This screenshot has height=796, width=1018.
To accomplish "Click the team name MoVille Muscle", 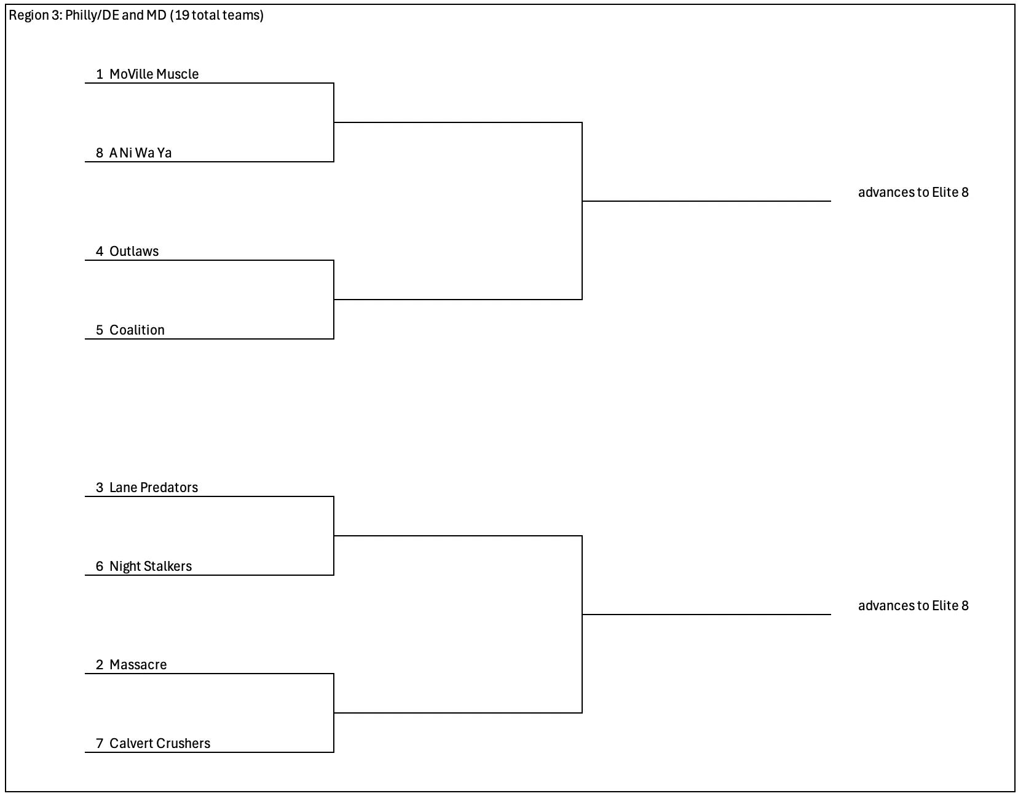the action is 154,74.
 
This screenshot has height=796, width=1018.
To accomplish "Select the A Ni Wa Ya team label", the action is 141,153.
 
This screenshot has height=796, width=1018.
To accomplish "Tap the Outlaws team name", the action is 134,251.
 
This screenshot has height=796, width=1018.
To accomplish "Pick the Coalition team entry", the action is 137,330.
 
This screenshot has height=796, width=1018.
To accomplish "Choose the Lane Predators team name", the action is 154,488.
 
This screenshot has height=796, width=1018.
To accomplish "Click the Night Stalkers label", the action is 151,567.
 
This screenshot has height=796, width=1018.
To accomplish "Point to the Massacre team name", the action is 138,665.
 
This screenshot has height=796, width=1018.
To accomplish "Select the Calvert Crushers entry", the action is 160,744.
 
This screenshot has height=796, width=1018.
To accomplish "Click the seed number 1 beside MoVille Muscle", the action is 100,74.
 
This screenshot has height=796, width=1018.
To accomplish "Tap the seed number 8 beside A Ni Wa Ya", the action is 100,153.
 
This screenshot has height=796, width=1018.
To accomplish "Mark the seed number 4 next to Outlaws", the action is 100,251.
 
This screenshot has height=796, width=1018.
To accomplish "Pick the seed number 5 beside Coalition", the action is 100,330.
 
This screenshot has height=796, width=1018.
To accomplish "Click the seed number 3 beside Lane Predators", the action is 100,488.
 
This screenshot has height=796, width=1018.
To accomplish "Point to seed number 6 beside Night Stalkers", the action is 100,567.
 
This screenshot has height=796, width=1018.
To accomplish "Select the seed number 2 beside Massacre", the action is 100,665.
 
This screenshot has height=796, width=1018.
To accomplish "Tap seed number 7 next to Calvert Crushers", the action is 100,744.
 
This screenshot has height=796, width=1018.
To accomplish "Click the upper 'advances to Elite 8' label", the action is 913,192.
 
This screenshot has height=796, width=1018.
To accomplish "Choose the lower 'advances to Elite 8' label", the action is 913,606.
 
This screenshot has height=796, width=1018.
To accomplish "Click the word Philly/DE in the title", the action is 92,15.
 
